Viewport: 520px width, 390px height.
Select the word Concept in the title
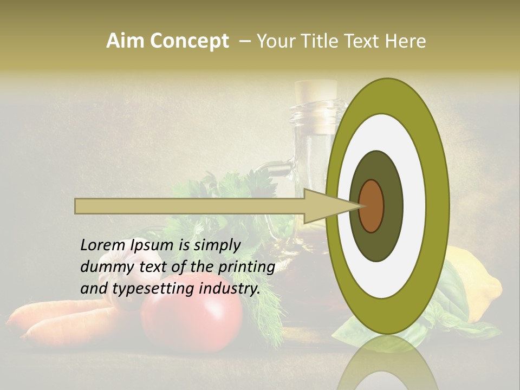(x=189, y=41)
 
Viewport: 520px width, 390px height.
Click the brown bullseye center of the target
(x=371, y=206)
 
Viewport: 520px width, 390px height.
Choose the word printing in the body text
(x=246, y=267)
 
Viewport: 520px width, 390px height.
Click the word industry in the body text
(x=230, y=288)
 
